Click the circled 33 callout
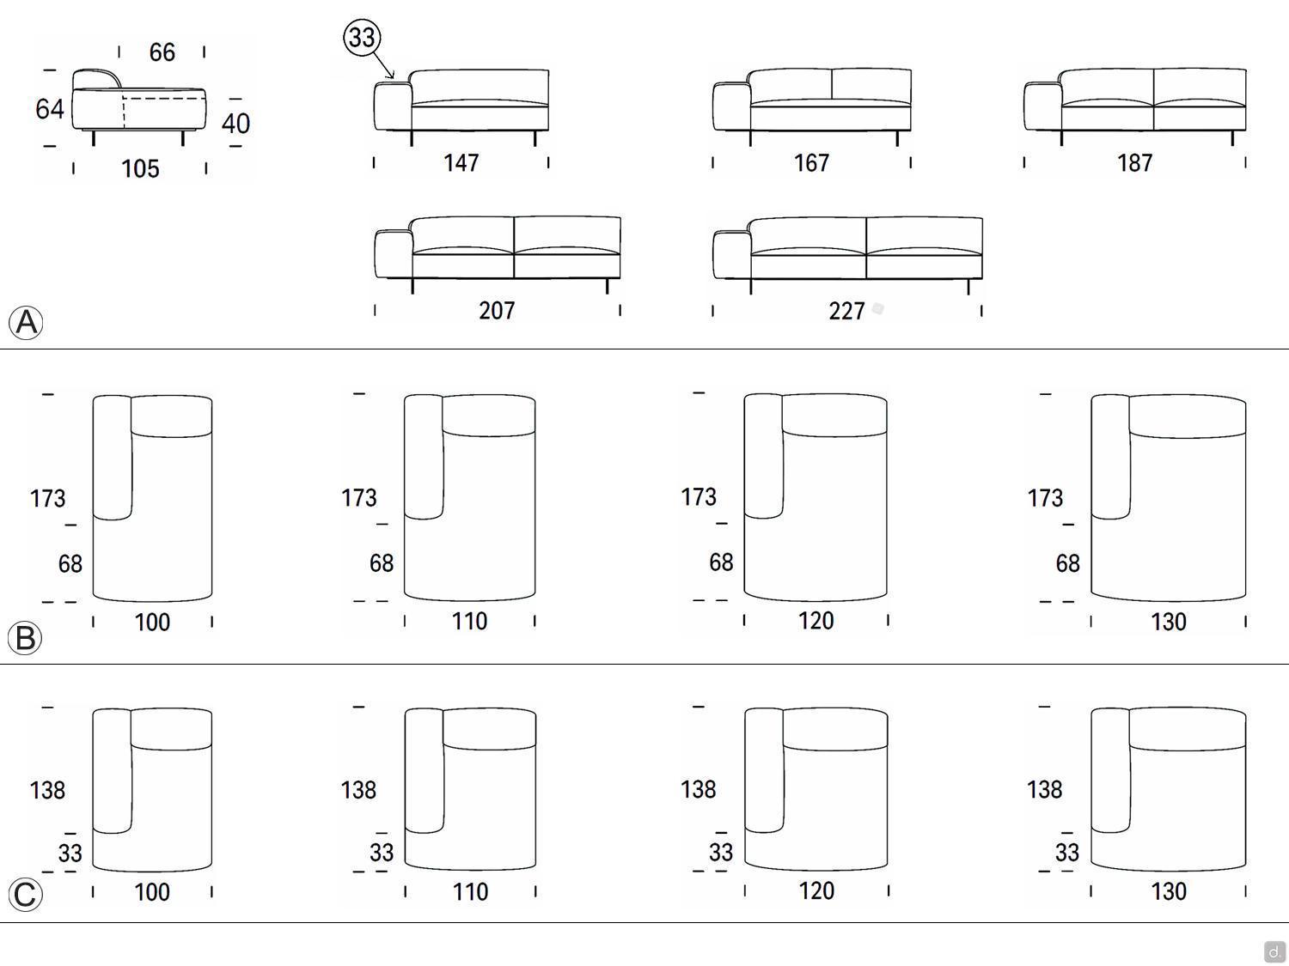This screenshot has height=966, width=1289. [362, 38]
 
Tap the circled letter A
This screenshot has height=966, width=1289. [26, 322]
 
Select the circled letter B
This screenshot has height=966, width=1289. [25, 637]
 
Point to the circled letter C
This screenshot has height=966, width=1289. [25, 895]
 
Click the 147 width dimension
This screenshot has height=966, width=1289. [461, 163]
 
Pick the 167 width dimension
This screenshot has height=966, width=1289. [811, 163]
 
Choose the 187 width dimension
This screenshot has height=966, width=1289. [1134, 163]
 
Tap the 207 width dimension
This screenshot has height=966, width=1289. [497, 310]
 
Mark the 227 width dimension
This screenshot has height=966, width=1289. [846, 311]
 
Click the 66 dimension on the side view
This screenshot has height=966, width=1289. [162, 52]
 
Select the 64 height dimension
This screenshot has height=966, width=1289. [49, 109]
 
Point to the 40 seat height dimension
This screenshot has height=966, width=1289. [235, 124]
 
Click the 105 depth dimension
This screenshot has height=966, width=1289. [140, 169]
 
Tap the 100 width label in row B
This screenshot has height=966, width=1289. [152, 623]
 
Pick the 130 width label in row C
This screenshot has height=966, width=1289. [1169, 891]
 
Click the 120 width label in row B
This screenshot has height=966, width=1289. [816, 621]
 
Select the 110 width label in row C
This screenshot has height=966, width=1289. [470, 892]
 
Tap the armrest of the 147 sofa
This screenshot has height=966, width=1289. [392, 106]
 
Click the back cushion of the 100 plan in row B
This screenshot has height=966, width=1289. [172, 416]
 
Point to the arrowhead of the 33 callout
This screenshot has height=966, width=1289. [392, 76]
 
